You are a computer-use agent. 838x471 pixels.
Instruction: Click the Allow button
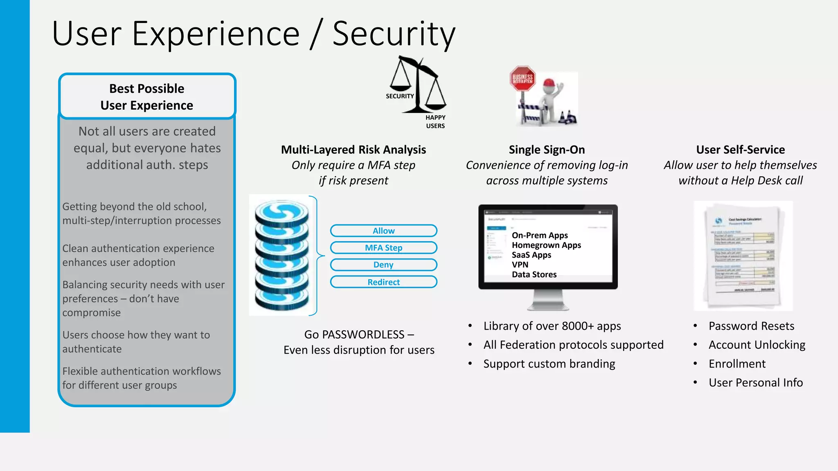point(383,231)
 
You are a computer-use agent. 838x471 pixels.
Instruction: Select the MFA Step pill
point(383,248)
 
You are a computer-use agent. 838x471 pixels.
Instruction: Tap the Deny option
point(383,265)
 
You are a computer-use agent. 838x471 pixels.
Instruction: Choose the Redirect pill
point(383,282)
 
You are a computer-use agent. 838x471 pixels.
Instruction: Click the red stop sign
point(523,78)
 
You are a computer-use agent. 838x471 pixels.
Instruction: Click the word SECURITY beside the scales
point(400,96)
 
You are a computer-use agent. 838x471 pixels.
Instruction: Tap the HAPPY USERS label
point(435,122)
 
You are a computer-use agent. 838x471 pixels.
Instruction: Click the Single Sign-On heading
point(547,150)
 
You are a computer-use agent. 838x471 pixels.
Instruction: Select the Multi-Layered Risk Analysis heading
point(354,150)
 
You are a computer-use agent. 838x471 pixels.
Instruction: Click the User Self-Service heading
point(740,150)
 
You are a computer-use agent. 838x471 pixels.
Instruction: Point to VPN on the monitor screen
point(520,265)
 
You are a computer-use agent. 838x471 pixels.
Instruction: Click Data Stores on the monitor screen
point(534,275)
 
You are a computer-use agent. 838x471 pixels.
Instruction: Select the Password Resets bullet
point(751,326)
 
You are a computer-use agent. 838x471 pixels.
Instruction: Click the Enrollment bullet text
point(737,364)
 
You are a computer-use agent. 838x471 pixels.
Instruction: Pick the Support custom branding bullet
point(549,364)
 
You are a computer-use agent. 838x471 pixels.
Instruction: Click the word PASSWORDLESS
point(363,334)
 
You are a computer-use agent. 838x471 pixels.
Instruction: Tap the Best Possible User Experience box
point(147,97)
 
